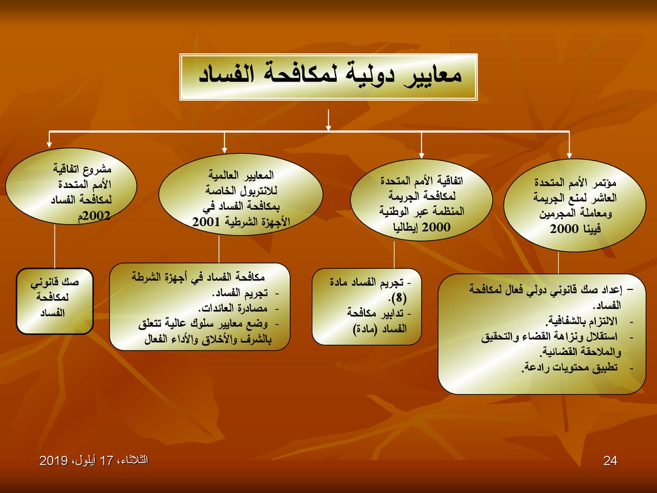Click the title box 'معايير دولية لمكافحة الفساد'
pyautogui.click(x=328, y=77)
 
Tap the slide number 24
pyautogui.click(x=610, y=461)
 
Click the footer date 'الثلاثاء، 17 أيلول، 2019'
pyautogui.click(x=94, y=460)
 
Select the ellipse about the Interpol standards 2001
pyautogui.click(x=241, y=195)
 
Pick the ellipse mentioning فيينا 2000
pyautogui.click(x=574, y=205)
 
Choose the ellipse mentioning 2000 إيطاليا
pyautogui.click(x=421, y=200)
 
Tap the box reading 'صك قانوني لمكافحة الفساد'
pyautogui.click(x=55, y=302)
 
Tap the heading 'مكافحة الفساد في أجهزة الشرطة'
pyautogui.click(x=198, y=277)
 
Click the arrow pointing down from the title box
pyautogui.click(x=328, y=120)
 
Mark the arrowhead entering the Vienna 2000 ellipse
pyautogui.click(x=569, y=155)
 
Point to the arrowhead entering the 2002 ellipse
pyautogui.click(x=49, y=144)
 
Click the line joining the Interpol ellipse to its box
pyautogui.click(x=219, y=249)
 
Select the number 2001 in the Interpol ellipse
pyautogui.click(x=206, y=221)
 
